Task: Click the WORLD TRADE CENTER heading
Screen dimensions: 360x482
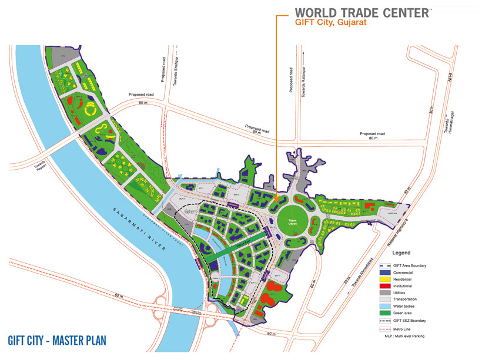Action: [x=361, y=12]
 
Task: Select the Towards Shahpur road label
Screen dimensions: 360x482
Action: [x=175, y=70]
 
